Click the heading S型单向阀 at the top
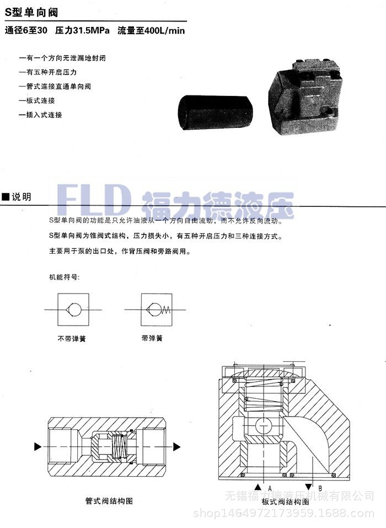point(31,12)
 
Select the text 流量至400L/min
point(151,31)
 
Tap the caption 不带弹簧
point(72,339)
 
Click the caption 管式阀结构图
point(109,501)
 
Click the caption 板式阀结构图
point(285,501)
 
